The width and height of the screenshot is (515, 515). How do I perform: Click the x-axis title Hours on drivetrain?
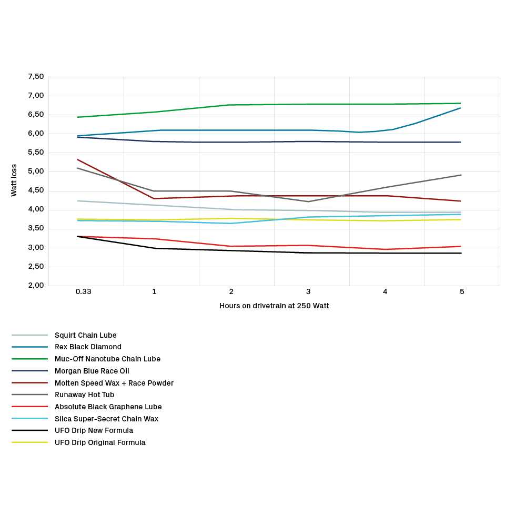(x=274, y=306)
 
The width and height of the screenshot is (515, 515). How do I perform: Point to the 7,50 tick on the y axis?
(x=35, y=77)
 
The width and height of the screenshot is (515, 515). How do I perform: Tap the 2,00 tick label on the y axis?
(x=35, y=286)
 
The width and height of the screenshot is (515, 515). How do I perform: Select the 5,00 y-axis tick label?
(x=35, y=171)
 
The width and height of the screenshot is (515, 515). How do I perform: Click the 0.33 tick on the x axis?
(x=84, y=291)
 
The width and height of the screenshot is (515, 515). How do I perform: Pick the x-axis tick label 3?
(x=308, y=291)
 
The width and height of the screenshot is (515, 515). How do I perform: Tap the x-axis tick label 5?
(x=462, y=291)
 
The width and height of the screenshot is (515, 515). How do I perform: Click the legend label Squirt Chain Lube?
(x=85, y=335)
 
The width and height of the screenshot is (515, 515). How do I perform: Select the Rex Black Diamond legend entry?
(x=88, y=347)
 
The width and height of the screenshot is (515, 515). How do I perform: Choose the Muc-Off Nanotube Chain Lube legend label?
(x=107, y=359)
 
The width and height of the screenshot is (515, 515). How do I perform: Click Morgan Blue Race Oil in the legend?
(x=93, y=371)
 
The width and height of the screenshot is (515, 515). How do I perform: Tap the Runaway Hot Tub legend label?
(x=84, y=395)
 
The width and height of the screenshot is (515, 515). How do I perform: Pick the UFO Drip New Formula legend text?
(x=94, y=430)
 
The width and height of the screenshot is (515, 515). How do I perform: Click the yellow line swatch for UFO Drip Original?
(x=29, y=442)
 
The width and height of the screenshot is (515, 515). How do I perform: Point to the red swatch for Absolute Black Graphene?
(x=29, y=407)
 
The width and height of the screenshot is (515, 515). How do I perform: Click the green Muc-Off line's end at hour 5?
(x=461, y=104)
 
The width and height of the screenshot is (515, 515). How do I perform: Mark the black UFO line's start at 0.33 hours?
(x=78, y=237)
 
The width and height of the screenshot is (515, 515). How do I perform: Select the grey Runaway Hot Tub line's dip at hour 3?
(x=308, y=201)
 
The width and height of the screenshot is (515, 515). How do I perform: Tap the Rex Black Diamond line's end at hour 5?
(x=461, y=108)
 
